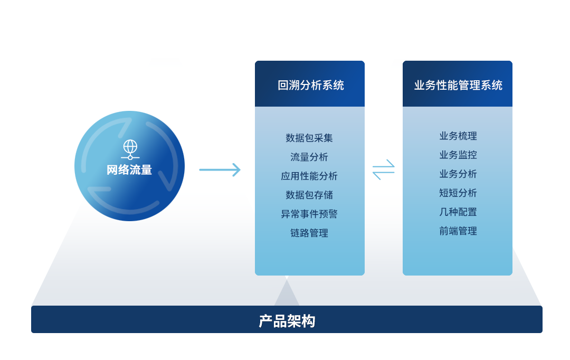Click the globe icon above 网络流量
130,149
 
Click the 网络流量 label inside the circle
129,170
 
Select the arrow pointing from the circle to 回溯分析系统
220,170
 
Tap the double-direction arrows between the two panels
384,169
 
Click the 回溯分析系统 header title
311,86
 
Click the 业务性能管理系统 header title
458,86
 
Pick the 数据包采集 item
309,138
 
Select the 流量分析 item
309,157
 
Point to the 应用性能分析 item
309,176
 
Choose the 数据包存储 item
309,195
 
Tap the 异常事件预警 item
309,214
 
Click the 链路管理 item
309,233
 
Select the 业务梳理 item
458,136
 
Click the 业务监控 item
458,155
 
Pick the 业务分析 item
458,174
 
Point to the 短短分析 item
458,193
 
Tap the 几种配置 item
458,212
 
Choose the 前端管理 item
458,231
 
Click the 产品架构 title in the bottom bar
287,321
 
